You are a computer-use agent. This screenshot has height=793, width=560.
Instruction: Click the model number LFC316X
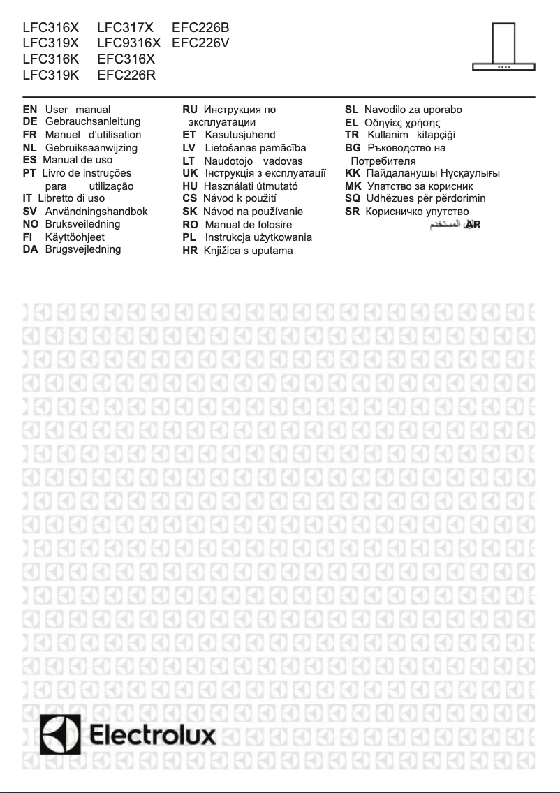51,29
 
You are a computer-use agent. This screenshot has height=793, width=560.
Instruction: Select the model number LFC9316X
129,44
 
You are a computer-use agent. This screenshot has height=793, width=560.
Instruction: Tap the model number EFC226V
200,44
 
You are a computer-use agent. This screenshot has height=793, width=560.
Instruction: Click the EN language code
30,110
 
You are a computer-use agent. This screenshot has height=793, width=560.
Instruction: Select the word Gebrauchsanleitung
93,121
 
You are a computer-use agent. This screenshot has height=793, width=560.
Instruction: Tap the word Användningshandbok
96,211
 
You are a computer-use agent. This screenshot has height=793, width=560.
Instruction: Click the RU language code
190,110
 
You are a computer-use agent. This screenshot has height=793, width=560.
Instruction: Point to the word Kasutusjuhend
240,135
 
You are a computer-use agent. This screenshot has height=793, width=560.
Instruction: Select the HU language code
190,186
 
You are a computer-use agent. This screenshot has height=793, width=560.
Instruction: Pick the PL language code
189,237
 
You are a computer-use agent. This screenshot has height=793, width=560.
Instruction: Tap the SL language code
352,110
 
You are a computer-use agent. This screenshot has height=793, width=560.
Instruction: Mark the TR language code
352,135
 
